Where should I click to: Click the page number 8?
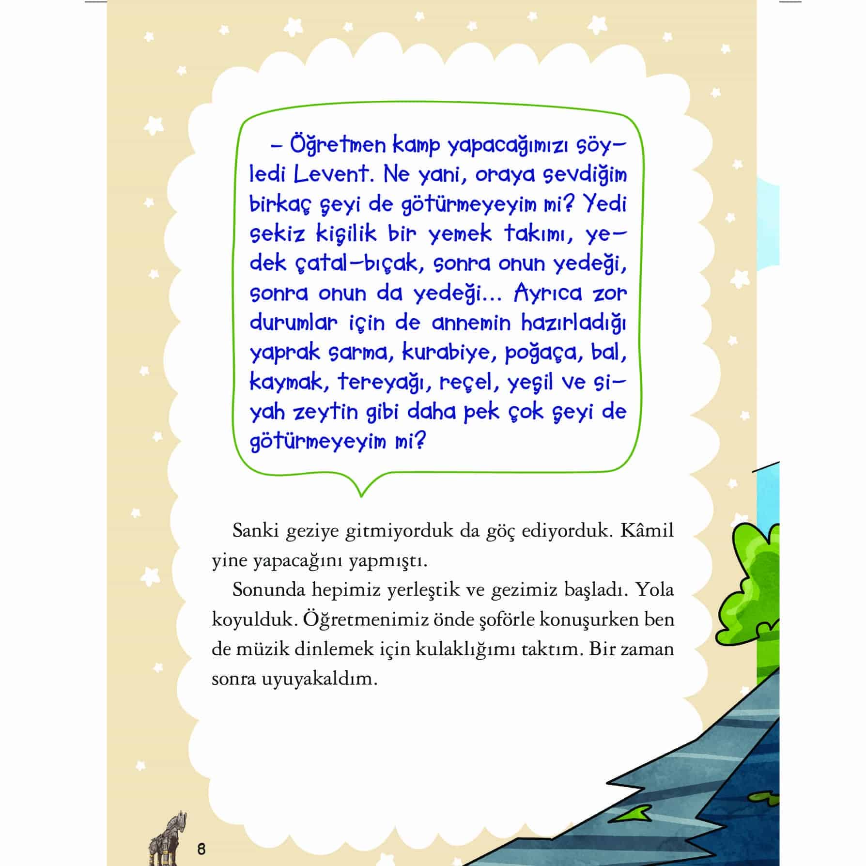pyautogui.click(x=201, y=849)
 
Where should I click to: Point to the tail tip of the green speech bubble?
pyautogui.click(x=361, y=495)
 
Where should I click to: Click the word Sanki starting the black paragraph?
pyautogui.click(x=256, y=531)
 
